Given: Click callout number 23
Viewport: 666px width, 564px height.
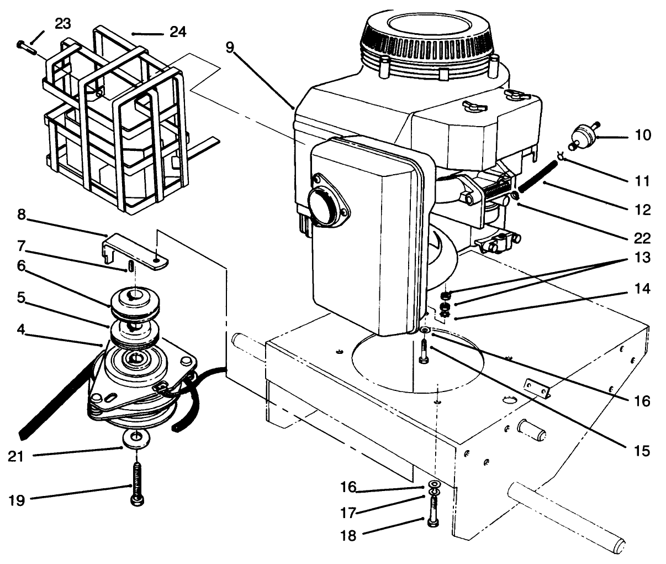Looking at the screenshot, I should [x=62, y=23].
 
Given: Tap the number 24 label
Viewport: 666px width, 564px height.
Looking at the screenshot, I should [x=177, y=32].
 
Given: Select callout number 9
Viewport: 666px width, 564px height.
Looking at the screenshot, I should [x=230, y=47].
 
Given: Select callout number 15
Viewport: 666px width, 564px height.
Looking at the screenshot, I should [x=642, y=450].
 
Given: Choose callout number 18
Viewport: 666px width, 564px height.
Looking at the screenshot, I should [x=348, y=536].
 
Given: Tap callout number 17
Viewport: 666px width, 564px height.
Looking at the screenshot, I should [x=348, y=512].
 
